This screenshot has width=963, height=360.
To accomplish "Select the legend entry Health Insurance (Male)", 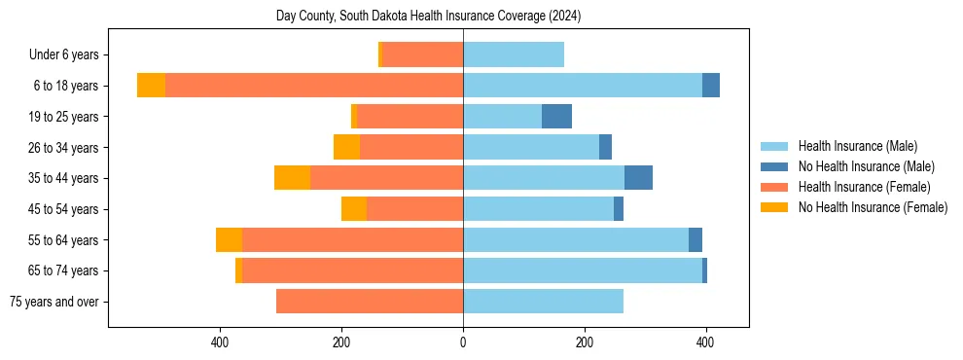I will [857, 146].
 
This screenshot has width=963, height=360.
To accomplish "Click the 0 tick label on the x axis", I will [463, 342].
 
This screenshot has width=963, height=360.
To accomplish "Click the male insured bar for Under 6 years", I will [514, 54].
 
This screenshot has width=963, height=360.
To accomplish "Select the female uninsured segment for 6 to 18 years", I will [151, 86].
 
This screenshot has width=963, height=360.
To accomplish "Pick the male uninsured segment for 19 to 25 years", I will [556, 117].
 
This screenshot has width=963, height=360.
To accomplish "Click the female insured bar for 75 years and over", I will [370, 302].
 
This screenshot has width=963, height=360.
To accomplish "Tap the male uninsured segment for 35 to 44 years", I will [638, 178].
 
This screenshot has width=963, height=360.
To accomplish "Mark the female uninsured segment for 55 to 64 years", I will [229, 239].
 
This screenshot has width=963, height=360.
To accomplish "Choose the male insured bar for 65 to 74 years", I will [583, 270].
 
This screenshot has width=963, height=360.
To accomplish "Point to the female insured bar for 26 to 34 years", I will [411, 147].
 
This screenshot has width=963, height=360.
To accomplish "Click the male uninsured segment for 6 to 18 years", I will [711, 86].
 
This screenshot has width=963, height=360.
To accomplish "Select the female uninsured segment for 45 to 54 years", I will [354, 209].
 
